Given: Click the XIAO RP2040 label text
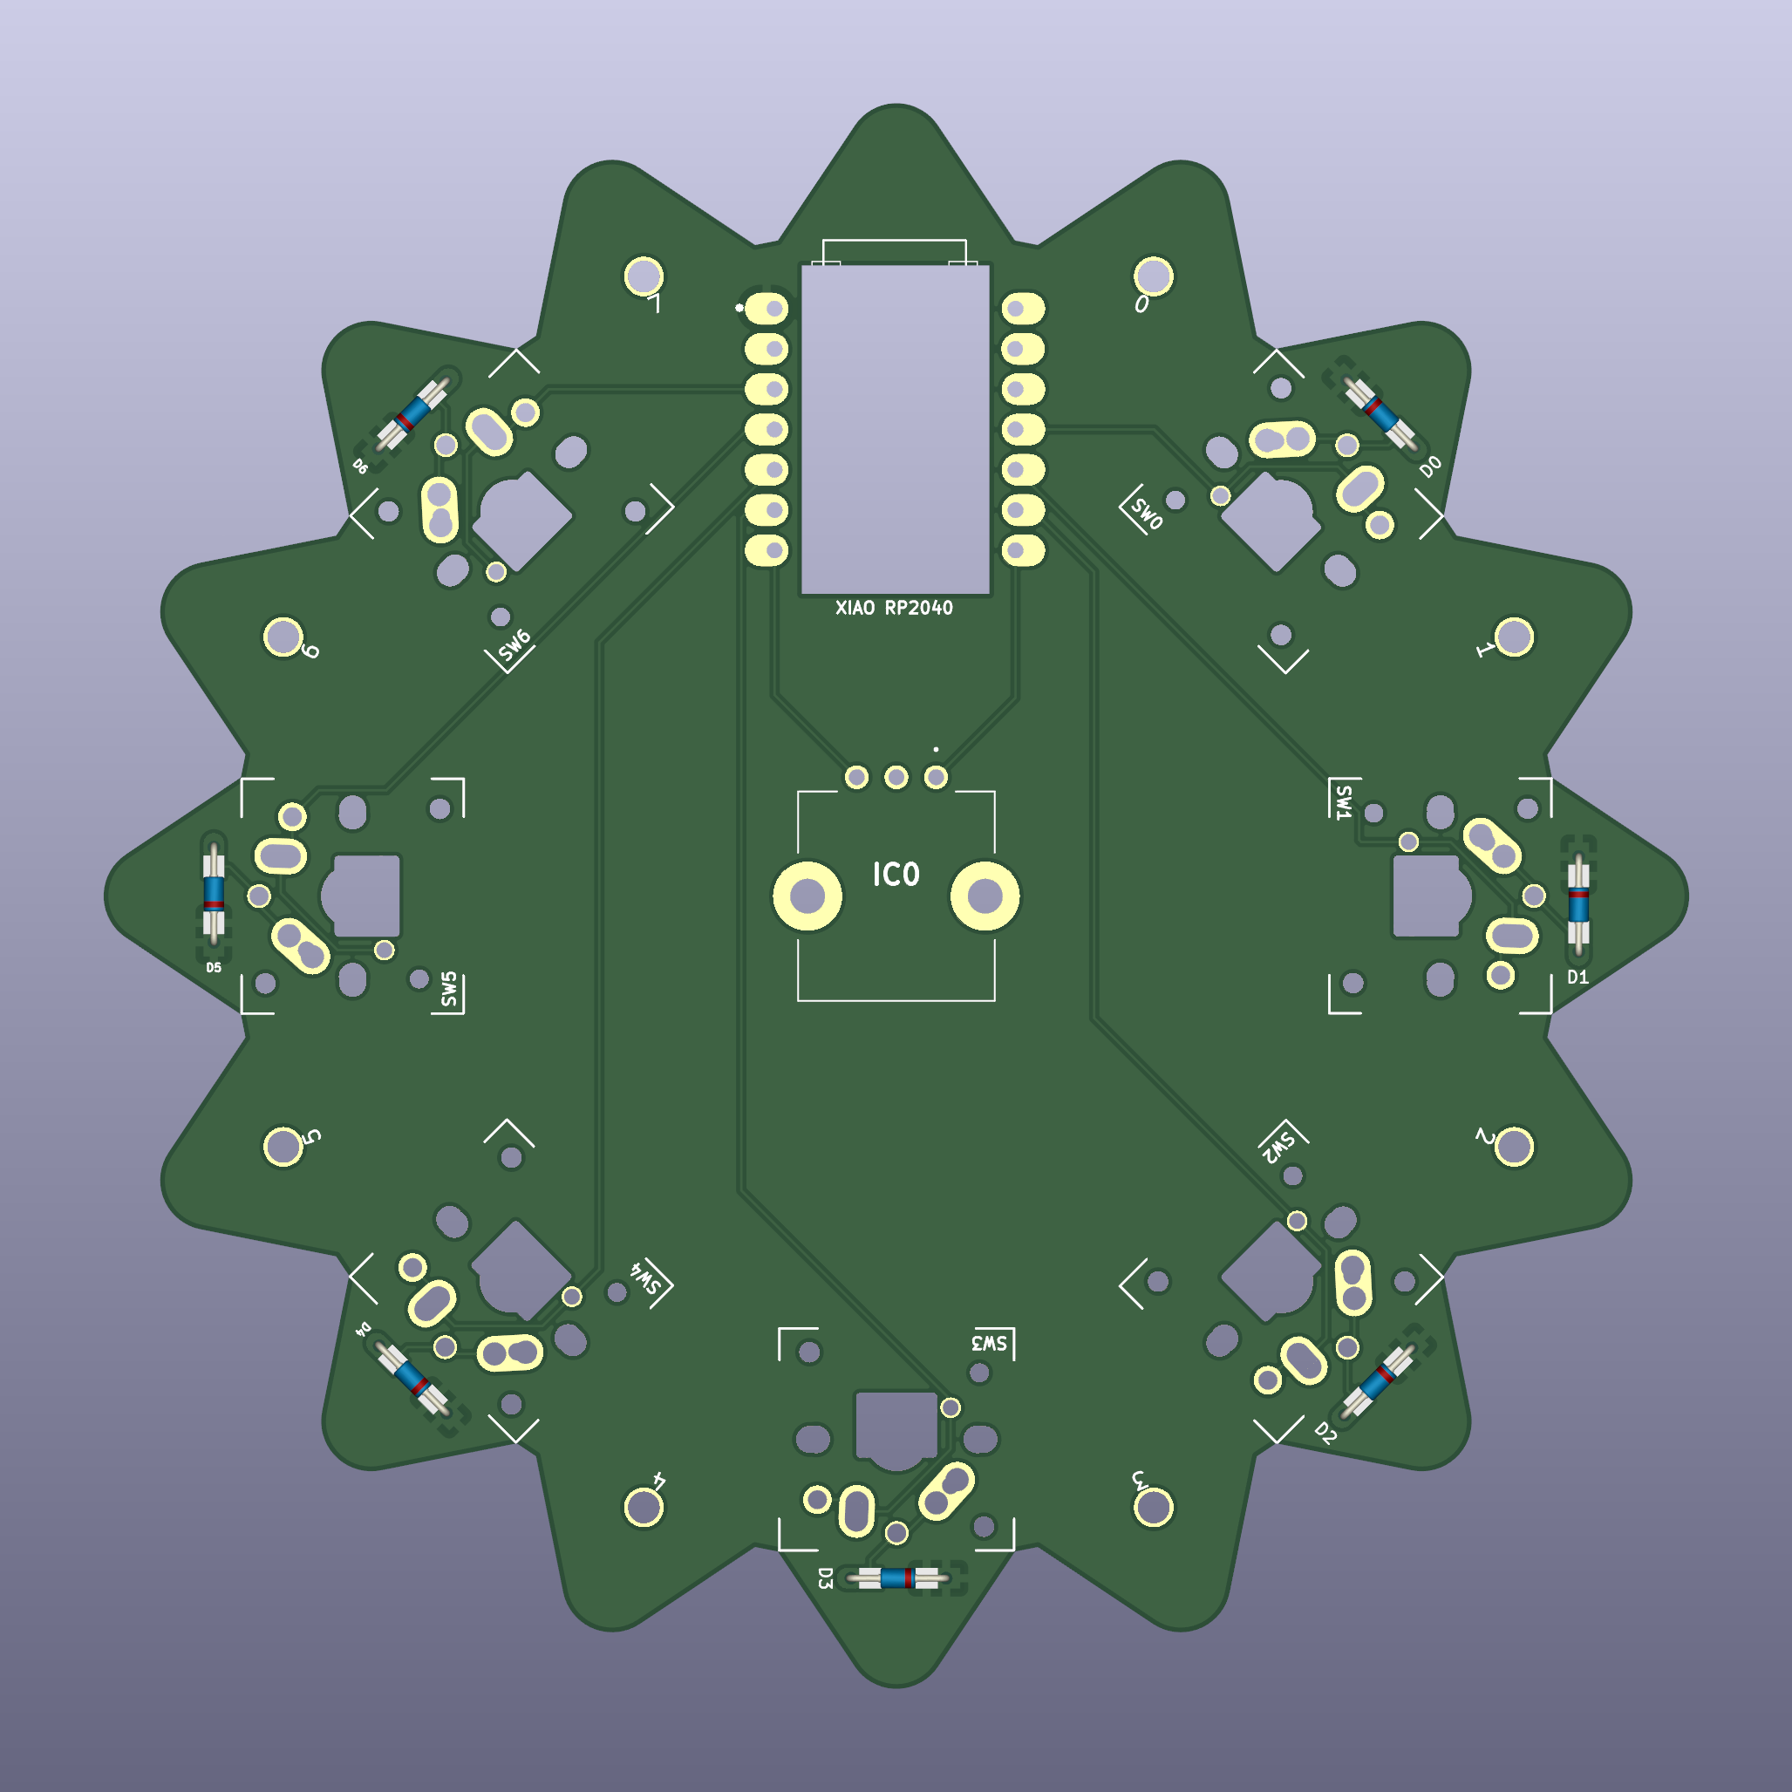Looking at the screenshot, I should pyautogui.click(x=893, y=609).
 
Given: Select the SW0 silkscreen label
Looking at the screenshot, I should pyautogui.click(x=1147, y=512).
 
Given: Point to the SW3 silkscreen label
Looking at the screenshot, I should pyautogui.click(x=989, y=1344).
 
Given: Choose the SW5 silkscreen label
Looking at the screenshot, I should pyautogui.click(x=449, y=990).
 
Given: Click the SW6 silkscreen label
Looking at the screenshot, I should pyautogui.click(x=514, y=645).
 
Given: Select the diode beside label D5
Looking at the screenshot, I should pyautogui.click(x=214, y=892).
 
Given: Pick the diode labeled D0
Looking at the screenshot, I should pyautogui.click(x=1380, y=412).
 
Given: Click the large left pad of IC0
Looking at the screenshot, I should pyautogui.click(x=807, y=896).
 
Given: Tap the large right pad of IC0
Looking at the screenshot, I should pyautogui.click(x=985, y=896).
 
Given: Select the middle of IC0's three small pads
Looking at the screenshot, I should pyautogui.click(x=896, y=776).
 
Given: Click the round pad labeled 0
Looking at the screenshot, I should pyautogui.click(x=1153, y=276).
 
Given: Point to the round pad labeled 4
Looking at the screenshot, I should pyautogui.click(x=644, y=1507).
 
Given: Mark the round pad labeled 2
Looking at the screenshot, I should pyautogui.click(x=1514, y=1147).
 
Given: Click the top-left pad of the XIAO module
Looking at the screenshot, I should pyautogui.click(x=767, y=308).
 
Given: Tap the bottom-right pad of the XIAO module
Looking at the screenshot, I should pyautogui.click(x=1023, y=551).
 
